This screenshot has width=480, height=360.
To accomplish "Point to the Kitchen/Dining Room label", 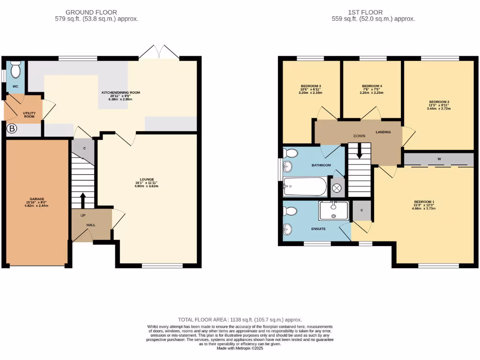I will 121,96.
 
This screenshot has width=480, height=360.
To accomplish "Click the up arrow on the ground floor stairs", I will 83,200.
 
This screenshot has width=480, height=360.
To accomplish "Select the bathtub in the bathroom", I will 305,187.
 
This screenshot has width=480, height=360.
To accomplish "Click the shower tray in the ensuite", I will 333,210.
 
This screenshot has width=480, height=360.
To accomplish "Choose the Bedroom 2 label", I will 439,105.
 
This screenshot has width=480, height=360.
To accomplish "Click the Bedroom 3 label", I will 311,89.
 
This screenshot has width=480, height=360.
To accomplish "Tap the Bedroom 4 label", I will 372,89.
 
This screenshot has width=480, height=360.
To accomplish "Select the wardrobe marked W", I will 439,159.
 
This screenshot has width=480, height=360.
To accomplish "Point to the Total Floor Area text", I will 240,319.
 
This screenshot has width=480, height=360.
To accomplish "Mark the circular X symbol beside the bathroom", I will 337,188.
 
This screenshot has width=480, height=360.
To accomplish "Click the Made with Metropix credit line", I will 240,348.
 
